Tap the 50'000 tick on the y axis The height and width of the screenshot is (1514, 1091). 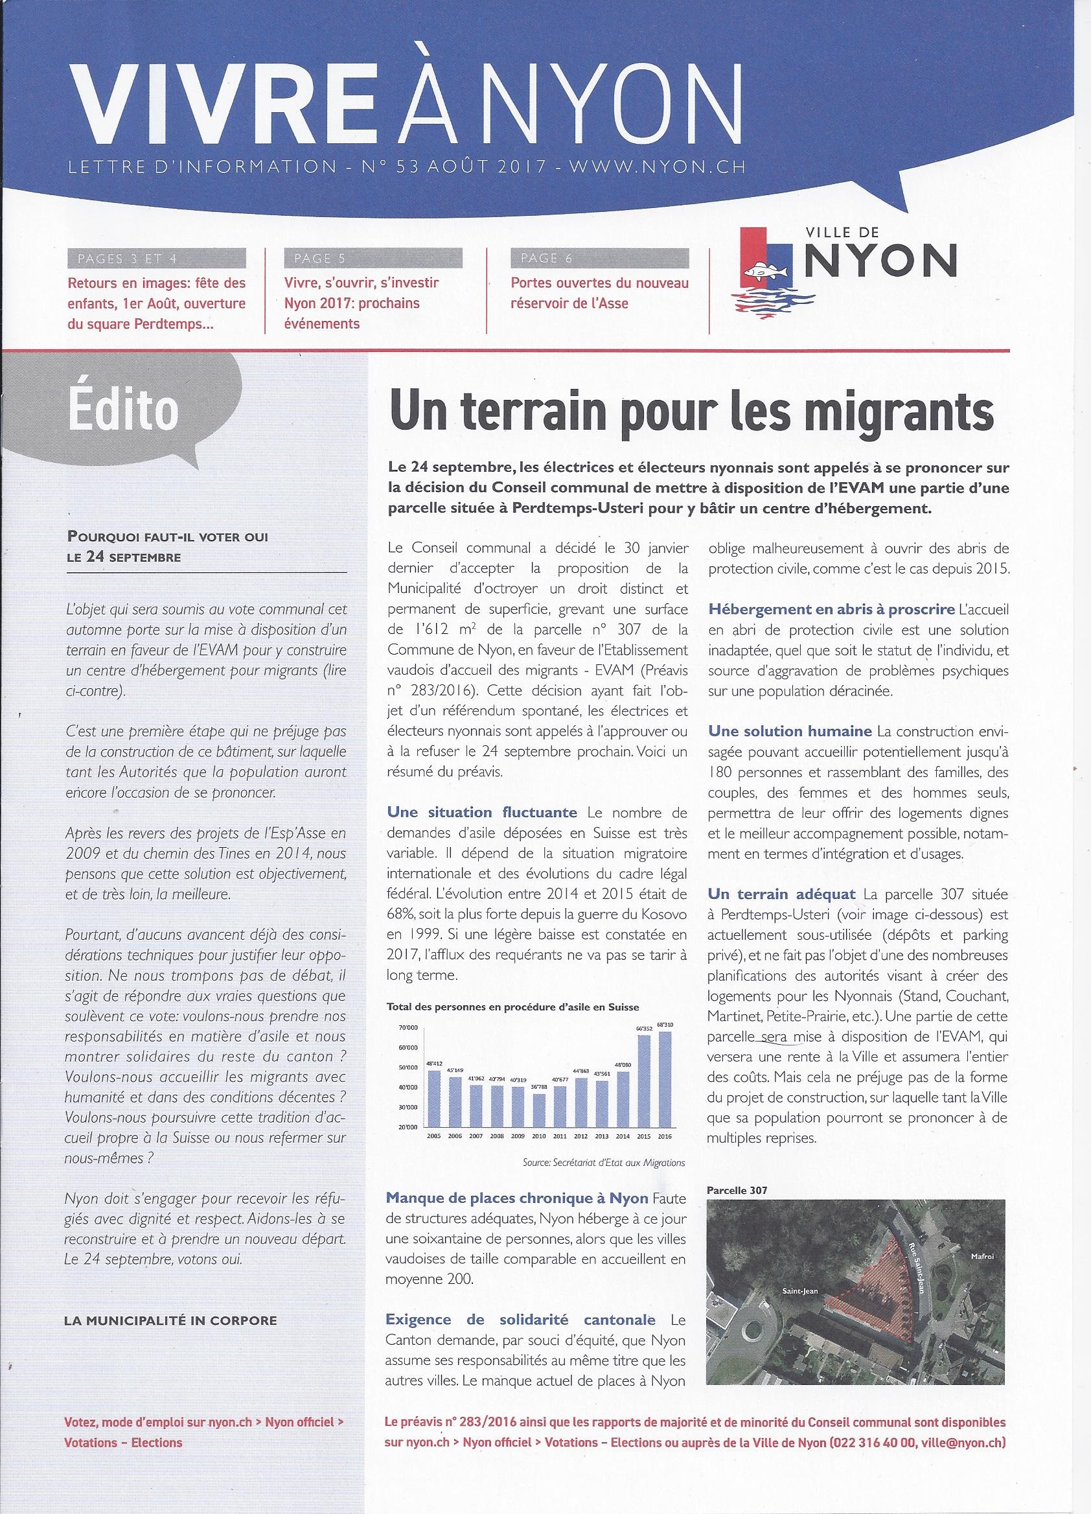pyautogui.click(x=408, y=1068)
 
